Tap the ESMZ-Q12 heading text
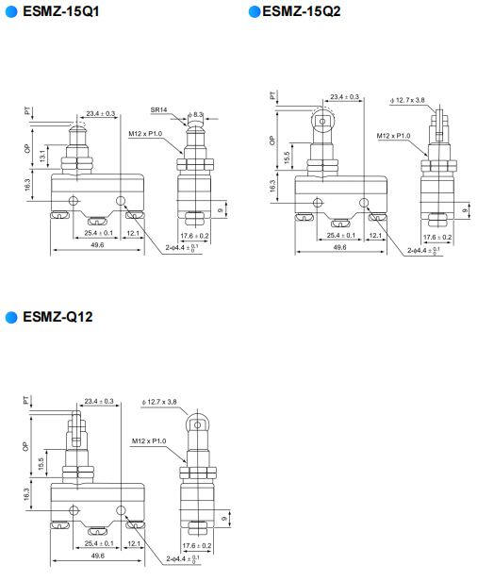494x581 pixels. pos(58,316)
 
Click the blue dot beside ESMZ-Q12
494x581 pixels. pos(11,316)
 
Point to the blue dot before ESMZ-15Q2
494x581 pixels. pos(254,12)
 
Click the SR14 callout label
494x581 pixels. pos(158,110)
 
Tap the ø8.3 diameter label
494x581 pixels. pos(196,114)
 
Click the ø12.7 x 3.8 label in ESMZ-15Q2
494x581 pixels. pos(406,99)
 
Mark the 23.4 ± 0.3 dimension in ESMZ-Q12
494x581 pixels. pos(99,401)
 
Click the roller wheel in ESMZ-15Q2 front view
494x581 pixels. pos(322,120)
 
